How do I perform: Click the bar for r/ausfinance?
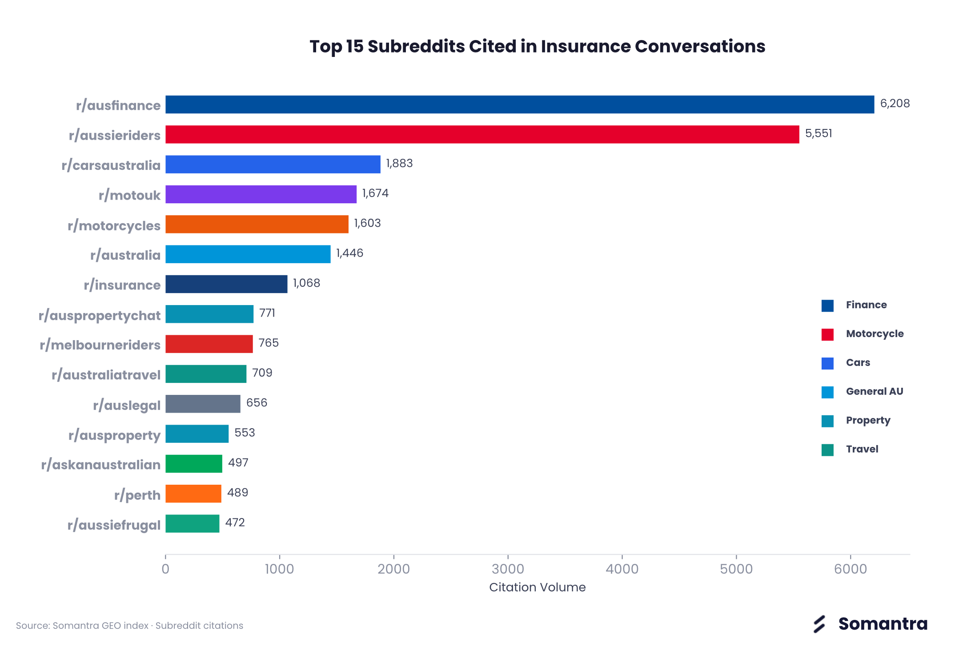[x=520, y=104]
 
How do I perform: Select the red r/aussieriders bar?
[x=482, y=134]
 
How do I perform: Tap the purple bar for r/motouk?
[x=261, y=194]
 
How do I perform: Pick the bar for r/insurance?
[x=226, y=284]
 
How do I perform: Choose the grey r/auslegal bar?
[x=203, y=404]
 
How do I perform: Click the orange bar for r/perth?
[x=193, y=494]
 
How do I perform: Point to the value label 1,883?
[x=399, y=164]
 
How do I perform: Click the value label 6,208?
[x=895, y=104]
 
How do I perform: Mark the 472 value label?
[x=235, y=522]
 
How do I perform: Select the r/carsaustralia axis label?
[x=111, y=165]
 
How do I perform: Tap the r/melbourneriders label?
[x=100, y=345]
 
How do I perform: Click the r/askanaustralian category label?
[x=101, y=465]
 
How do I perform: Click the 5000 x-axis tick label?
[x=736, y=569]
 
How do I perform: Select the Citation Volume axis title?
[x=538, y=587]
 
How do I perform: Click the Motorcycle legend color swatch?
[x=827, y=334]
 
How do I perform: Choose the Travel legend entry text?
[x=862, y=449]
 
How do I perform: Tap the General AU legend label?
[x=875, y=391]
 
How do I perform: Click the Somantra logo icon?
[x=819, y=624]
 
